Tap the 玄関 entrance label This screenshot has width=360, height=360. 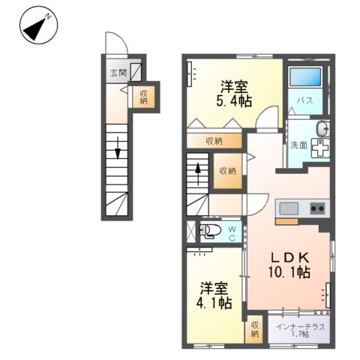click(x=118, y=73)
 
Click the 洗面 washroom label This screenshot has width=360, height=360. click(x=298, y=145)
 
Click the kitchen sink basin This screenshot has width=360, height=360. click(x=289, y=208)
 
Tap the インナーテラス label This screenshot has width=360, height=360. click(x=299, y=325)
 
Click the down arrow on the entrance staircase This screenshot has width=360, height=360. click(x=118, y=153)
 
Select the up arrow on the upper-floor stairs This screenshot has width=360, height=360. click(x=197, y=170)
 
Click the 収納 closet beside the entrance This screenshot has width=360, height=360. click(x=142, y=96)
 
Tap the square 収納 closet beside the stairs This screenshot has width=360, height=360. click(x=227, y=170)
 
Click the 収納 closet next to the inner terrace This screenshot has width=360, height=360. click(x=255, y=328)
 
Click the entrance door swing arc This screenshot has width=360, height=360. click(x=116, y=43)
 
